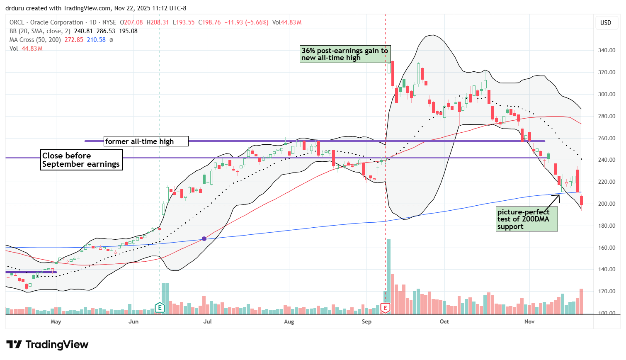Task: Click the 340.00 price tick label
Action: pos(607,51)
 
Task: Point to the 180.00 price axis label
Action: pos(607,226)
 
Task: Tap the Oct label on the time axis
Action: pos(444,321)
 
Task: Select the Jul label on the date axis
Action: pos(207,321)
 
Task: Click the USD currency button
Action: pos(606,23)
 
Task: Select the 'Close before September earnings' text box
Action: pos(81,160)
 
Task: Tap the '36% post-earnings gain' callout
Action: pos(344,54)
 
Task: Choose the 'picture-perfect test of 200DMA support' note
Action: pos(527,219)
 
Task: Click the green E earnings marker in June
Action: pos(160,308)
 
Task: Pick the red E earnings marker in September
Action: pos(386,308)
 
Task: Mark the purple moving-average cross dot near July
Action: pos(204,238)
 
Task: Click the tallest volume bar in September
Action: pos(388,276)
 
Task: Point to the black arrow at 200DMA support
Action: pos(553,200)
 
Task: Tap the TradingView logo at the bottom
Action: pos(47,345)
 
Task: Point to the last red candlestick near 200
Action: pos(582,200)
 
